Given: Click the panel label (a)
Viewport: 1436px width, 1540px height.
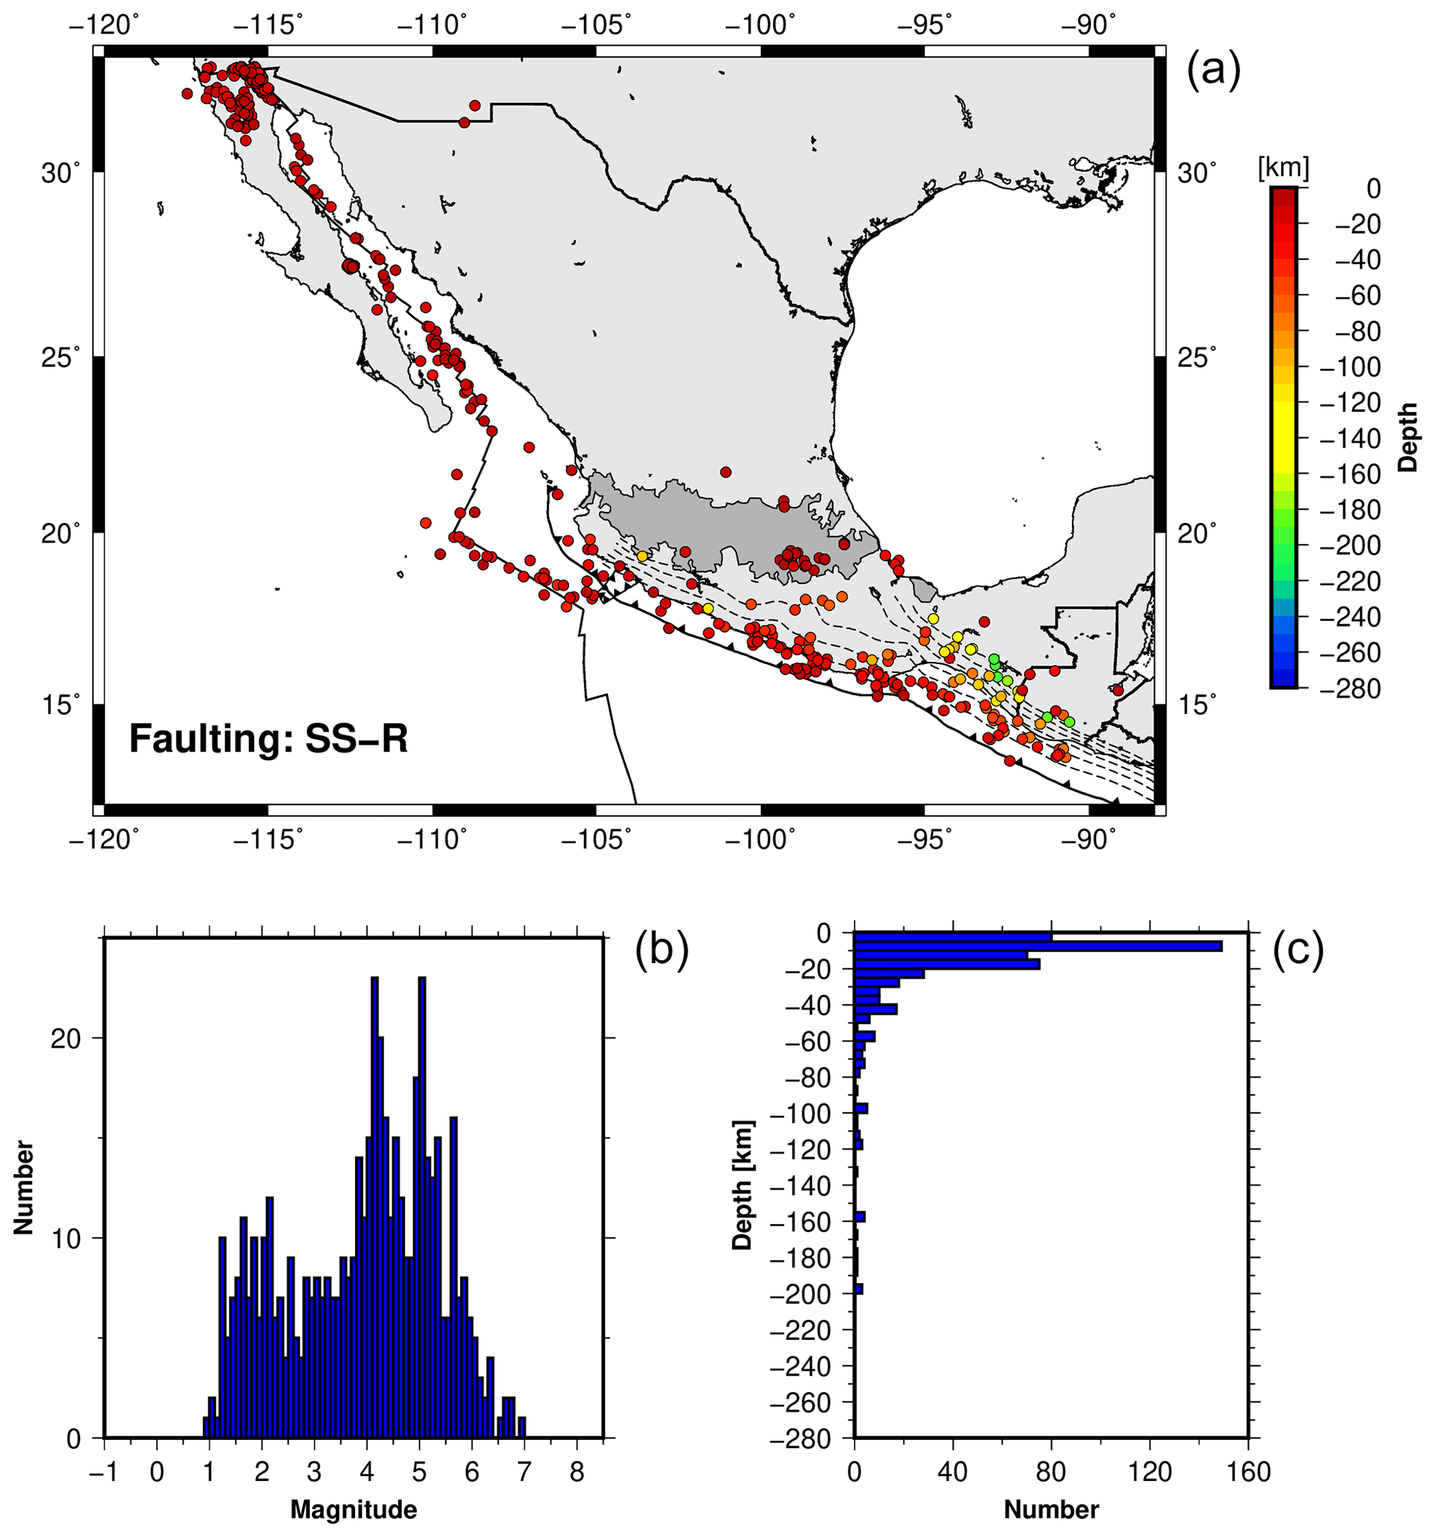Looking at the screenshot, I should pyautogui.click(x=1214, y=70).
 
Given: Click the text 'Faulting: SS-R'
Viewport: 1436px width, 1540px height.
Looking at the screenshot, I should pyautogui.click(x=268, y=738).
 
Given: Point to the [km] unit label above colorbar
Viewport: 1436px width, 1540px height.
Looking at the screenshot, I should pyautogui.click(x=1282, y=167).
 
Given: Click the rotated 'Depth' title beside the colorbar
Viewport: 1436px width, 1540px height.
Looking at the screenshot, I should pyautogui.click(x=1408, y=437).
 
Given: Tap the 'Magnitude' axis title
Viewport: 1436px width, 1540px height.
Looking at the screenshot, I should pyautogui.click(x=354, y=1509).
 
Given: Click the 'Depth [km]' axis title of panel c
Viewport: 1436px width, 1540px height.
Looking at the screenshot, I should pyautogui.click(x=743, y=1185).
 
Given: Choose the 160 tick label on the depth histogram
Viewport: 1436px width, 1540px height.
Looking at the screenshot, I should pyautogui.click(x=1248, y=1472).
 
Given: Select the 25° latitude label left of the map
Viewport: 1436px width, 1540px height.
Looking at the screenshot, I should pyautogui.click(x=60, y=358).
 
